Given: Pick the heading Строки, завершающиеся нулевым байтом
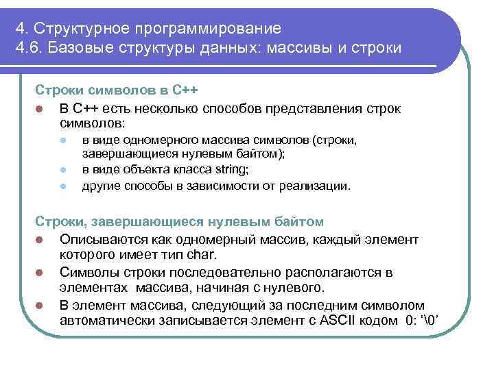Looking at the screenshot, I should [179, 223].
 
